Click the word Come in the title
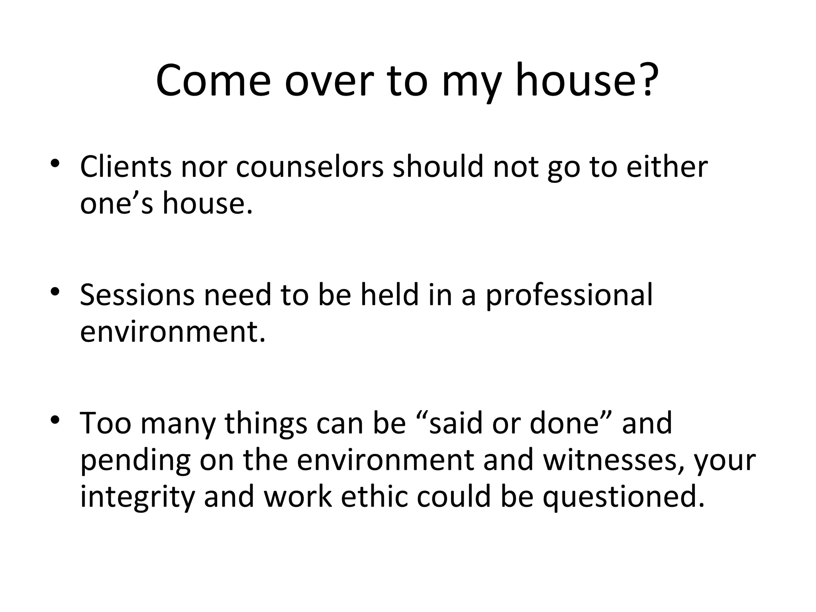click(x=213, y=81)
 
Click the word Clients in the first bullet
click(x=126, y=167)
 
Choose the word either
click(x=667, y=167)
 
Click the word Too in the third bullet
click(x=106, y=423)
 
